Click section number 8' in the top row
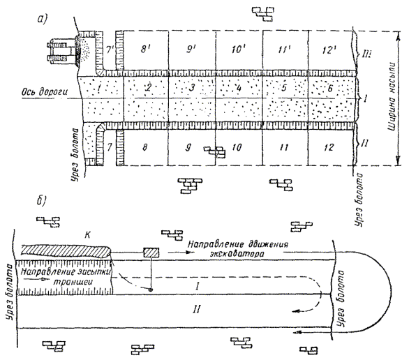point(145,49)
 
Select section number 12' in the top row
point(329,50)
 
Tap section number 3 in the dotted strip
point(192,87)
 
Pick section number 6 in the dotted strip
point(330,88)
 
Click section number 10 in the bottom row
point(237,147)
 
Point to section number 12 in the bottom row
point(329,147)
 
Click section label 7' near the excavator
point(109,50)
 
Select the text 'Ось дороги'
point(45,92)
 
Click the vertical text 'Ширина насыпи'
point(392,98)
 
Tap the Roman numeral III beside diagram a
point(365,54)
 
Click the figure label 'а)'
point(42,19)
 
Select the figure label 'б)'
point(41,202)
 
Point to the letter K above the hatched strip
point(88,235)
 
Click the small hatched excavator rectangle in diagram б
point(151,253)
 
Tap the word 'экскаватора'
point(237,254)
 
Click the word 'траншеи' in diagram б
point(73,282)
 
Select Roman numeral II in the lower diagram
point(196,310)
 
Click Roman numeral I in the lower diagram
point(198,287)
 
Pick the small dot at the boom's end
point(151,290)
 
